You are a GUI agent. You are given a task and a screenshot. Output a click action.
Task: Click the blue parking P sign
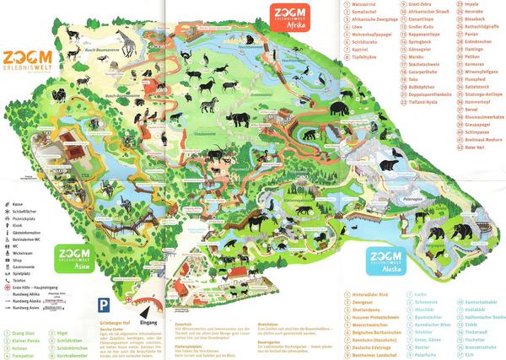click(103, 304)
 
